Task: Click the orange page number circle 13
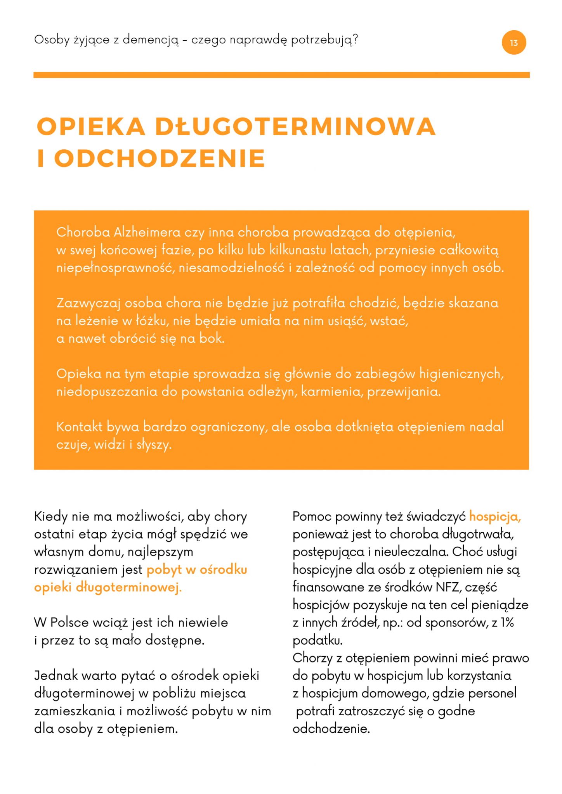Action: (513, 43)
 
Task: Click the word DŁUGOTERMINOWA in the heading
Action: (295, 127)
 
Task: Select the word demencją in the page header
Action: (151, 40)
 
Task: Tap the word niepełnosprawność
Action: (116, 268)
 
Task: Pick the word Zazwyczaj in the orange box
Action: (88, 303)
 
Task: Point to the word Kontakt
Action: (79, 427)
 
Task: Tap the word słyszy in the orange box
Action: (154, 445)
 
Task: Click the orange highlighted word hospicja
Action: (494, 517)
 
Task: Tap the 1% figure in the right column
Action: (507, 623)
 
